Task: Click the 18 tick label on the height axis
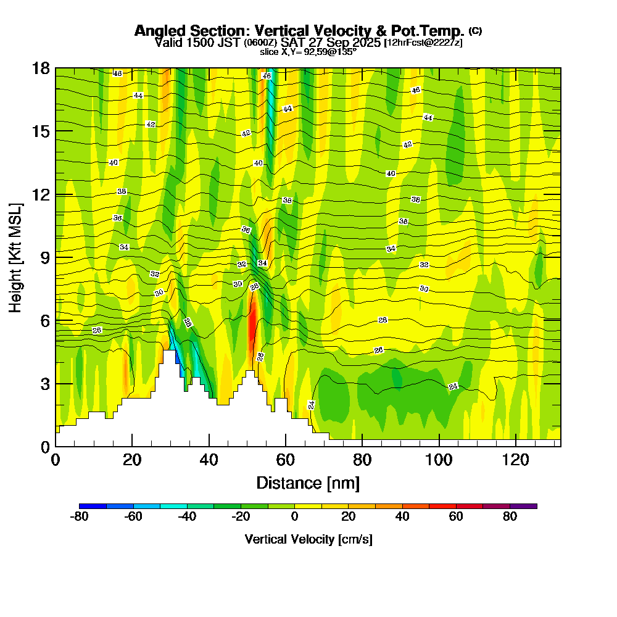[x=41, y=68]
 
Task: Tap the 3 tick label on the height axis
[x=44, y=383]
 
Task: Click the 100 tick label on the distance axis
[x=438, y=460]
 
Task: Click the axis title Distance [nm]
[x=308, y=482]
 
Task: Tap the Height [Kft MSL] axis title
[x=16, y=257]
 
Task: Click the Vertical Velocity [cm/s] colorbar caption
[x=308, y=539]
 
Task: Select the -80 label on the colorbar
[x=80, y=517]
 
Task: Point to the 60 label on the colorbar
[x=456, y=517]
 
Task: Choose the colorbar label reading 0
[x=295, y=517]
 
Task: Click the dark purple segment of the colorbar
[x=523, y=506]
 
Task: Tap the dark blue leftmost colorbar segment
[x=93, y=506]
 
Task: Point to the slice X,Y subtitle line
[x=308, y=52]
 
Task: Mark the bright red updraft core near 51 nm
[x=251, y=324]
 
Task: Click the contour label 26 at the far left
[x=97, y=331]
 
